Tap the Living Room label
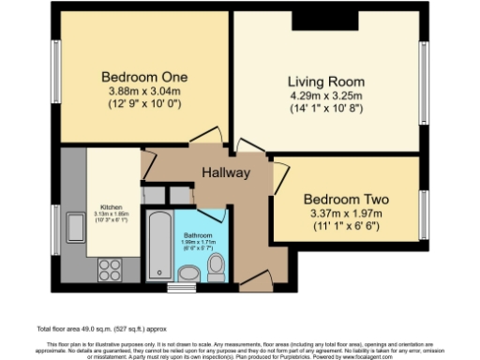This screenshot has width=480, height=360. [325, 82]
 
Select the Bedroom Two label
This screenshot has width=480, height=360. [346, 200]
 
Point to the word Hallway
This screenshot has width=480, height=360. [226, 173]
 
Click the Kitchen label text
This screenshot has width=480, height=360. [112, 207]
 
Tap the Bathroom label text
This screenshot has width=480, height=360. [199, 235]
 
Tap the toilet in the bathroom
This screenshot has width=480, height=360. [215, 267]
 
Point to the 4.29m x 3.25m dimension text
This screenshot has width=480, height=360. [325, 95]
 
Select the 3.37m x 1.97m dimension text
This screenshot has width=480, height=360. [346, 213]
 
